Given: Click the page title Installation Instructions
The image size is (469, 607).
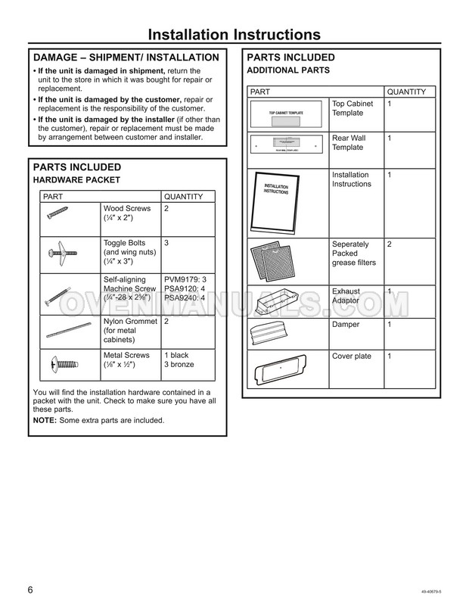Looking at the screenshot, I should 234,35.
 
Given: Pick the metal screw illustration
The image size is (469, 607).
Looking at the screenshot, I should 63,364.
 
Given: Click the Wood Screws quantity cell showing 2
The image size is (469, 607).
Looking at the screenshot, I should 166,208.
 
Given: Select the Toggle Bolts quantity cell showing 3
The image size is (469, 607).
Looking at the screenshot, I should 166,243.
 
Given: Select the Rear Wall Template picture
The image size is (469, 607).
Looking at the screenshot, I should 287,148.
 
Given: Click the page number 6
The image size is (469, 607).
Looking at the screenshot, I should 30,590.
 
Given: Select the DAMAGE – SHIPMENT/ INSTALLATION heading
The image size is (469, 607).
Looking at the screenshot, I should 126,58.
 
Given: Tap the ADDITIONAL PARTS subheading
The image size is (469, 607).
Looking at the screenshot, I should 288,70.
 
